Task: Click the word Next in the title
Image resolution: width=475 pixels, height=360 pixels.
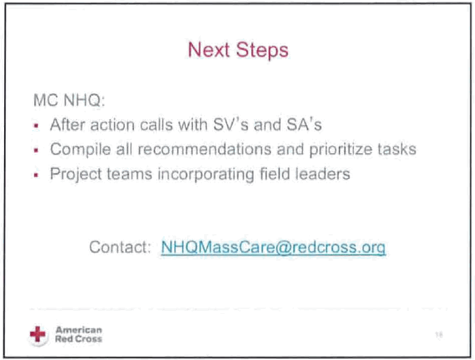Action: coord(208,50)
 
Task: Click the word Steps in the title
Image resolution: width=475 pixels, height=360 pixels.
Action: coord(262,50)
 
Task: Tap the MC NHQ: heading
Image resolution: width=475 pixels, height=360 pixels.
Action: coord(69,100)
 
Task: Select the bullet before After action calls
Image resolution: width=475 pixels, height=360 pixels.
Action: coord(36,125)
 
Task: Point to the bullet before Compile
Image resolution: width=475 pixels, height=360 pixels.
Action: coord(36,150)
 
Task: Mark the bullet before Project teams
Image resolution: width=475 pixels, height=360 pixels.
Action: coord(36,175)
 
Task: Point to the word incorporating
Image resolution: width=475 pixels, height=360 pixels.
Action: coord(206,175)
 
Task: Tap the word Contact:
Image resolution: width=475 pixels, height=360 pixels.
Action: coord(120,247)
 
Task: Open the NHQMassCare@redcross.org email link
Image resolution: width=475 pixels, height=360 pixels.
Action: coord(274,248)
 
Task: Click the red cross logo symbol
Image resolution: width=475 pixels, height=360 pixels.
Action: coord(37,335)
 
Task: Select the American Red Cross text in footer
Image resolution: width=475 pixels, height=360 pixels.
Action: coord(78,334)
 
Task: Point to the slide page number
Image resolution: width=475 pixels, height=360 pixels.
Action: coord(439,335)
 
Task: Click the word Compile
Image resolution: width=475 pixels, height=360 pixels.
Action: coord(80,150)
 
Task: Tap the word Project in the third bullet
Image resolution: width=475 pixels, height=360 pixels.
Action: coord(76,175)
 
